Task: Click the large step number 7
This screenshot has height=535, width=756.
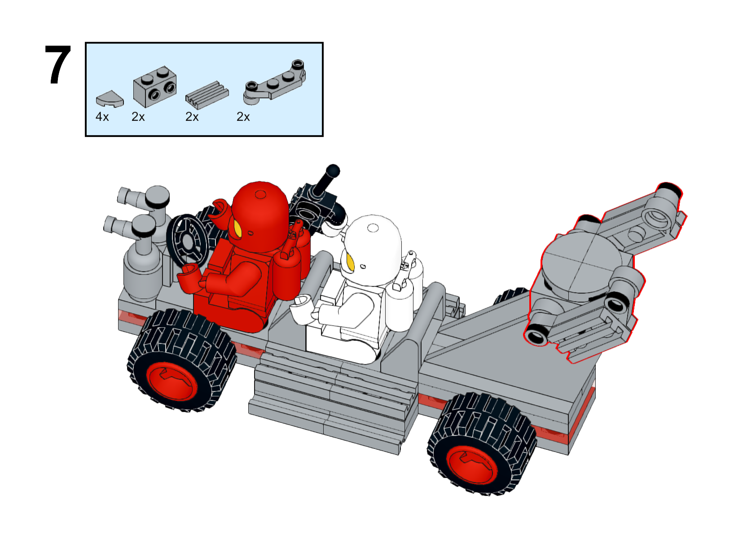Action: [58, 65]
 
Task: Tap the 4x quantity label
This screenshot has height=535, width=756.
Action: [102, 117]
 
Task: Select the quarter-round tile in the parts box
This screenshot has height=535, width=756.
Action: [110, 99]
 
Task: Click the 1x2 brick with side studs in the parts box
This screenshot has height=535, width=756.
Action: [155, 86]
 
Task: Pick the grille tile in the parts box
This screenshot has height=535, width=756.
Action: [207, 95]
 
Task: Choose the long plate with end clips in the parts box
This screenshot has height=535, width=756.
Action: [274, 82]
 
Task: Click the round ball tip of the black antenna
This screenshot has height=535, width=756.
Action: [333, 170]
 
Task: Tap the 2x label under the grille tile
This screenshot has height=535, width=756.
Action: [192, 117]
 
